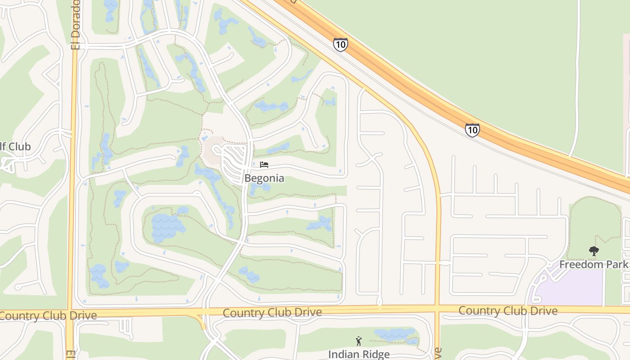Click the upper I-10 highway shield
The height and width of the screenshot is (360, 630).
click(x=340, y=45)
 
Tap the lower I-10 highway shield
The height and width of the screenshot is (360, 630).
click(x=472, y=130)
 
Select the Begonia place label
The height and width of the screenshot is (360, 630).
click(x=264, y=178)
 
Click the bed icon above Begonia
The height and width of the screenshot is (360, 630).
click(x=264, y=165)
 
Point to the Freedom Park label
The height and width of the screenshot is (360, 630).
click(x=593, y=264)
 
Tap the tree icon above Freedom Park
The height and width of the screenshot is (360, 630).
click(x=594, y=251)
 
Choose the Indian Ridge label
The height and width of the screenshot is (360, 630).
click(x=359, y=354)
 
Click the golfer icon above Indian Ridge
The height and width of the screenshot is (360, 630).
click(x=359, y=341)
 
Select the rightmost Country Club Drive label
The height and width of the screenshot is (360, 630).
click(x=508, y=310)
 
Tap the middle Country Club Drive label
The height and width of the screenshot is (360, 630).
click(x=272, y=312)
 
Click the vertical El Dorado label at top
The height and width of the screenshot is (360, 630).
click(x=76, y=25)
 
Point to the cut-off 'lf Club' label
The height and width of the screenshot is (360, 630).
click(x=15, y=147)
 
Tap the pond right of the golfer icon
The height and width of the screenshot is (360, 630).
click(x=395, y=334)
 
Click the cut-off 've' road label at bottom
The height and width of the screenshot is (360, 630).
click(x=438, y=353)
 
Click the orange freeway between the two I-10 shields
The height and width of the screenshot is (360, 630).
click(x=405, y=85)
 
